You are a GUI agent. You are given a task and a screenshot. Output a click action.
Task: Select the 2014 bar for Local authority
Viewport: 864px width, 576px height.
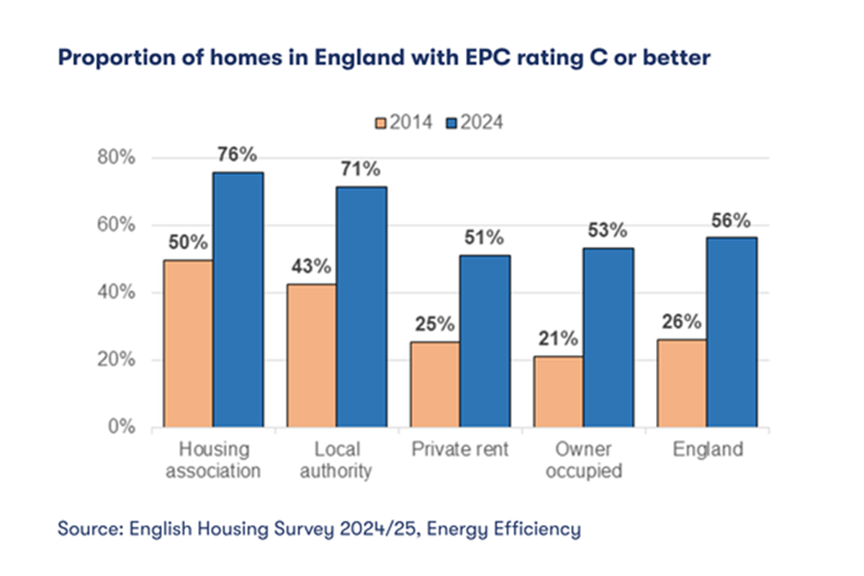(312, 355)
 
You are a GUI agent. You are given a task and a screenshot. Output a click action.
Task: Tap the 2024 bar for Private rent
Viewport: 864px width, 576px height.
(485, 341)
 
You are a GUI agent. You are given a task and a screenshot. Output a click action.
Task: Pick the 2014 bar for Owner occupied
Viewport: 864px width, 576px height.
(558, 392)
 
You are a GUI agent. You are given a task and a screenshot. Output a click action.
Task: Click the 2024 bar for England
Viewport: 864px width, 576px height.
(732, 332)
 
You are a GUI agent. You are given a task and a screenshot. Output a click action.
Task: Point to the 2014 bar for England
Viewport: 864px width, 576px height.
(681, 383)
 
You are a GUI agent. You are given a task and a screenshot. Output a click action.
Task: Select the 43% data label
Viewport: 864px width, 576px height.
(311, 266)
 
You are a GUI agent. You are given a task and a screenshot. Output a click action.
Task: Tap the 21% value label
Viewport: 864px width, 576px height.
(557, 338)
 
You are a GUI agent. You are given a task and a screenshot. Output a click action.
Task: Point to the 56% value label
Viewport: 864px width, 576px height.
(732, 220)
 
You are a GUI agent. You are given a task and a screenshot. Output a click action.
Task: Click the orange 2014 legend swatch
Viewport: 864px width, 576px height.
(381, 122)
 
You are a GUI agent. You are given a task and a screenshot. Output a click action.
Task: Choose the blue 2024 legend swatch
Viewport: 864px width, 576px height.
(451, 122)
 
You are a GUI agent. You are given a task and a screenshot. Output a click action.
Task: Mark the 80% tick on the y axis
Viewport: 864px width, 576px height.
(117, 158)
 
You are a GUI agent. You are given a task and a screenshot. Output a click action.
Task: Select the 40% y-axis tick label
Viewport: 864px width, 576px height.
(117, 292)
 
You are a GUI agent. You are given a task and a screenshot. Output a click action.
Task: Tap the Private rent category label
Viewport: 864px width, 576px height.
(460, 450)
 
